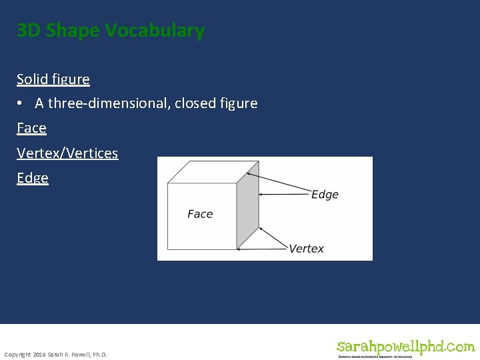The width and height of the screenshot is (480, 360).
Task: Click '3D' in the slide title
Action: pos(29,31)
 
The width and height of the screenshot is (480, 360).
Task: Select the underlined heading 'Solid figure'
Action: pos(53,79)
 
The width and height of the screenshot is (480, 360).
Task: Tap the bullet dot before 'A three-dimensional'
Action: pos(21,104)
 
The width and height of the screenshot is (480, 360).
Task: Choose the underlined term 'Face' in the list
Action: pos(31,128)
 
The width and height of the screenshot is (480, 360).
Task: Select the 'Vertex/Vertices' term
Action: pos(67,153)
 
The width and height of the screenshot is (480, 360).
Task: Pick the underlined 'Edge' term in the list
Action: pos(33,178)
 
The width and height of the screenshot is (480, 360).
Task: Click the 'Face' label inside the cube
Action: pos(200,214)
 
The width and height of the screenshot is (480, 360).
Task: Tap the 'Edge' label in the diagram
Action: pos(325,195)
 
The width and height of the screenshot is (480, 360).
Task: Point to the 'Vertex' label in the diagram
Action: pos(306,249)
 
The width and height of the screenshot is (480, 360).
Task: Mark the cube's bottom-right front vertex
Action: pos(237,249)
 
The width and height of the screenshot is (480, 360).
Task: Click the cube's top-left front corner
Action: pos(168,183)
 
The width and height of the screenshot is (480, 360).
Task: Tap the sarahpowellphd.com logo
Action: pos(405,347)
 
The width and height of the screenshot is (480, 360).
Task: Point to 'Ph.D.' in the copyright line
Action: pos(98,354)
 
